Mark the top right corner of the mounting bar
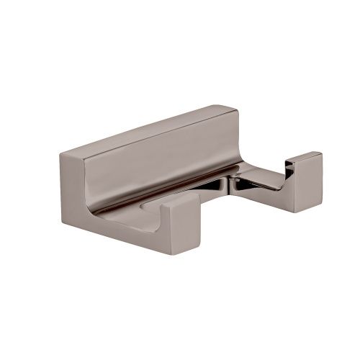[x=236, y=109]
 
